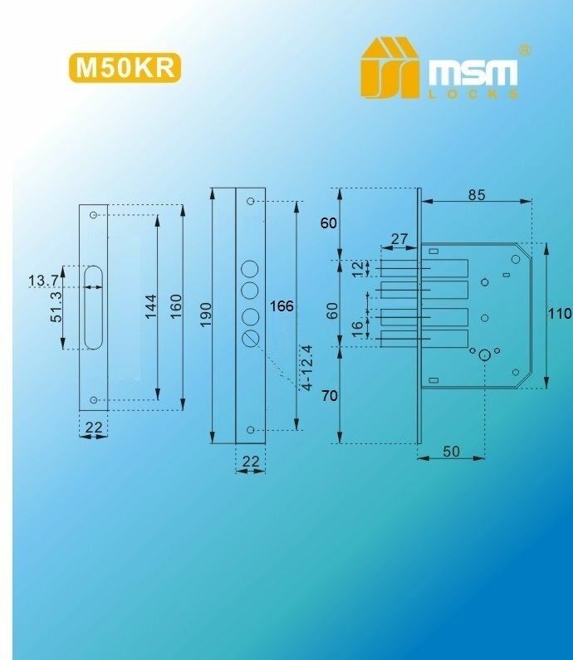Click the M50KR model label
(x=125, y=68)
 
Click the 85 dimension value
(x=476, y=196)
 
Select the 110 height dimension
(x=560, y=314)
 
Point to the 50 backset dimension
(x=451, y=451)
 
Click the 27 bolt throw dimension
(x=399, y=239)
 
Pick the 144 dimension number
(x=149, y=307)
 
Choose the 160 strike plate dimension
(x=175, y=307)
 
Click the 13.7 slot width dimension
(x=43, y=281)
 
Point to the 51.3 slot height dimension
(x=56, y=308)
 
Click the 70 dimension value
(x=329, y=396)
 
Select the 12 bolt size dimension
(x=357, y=269)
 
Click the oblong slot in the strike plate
(x=92, y=307)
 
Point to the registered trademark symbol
(x=525, y=50)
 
